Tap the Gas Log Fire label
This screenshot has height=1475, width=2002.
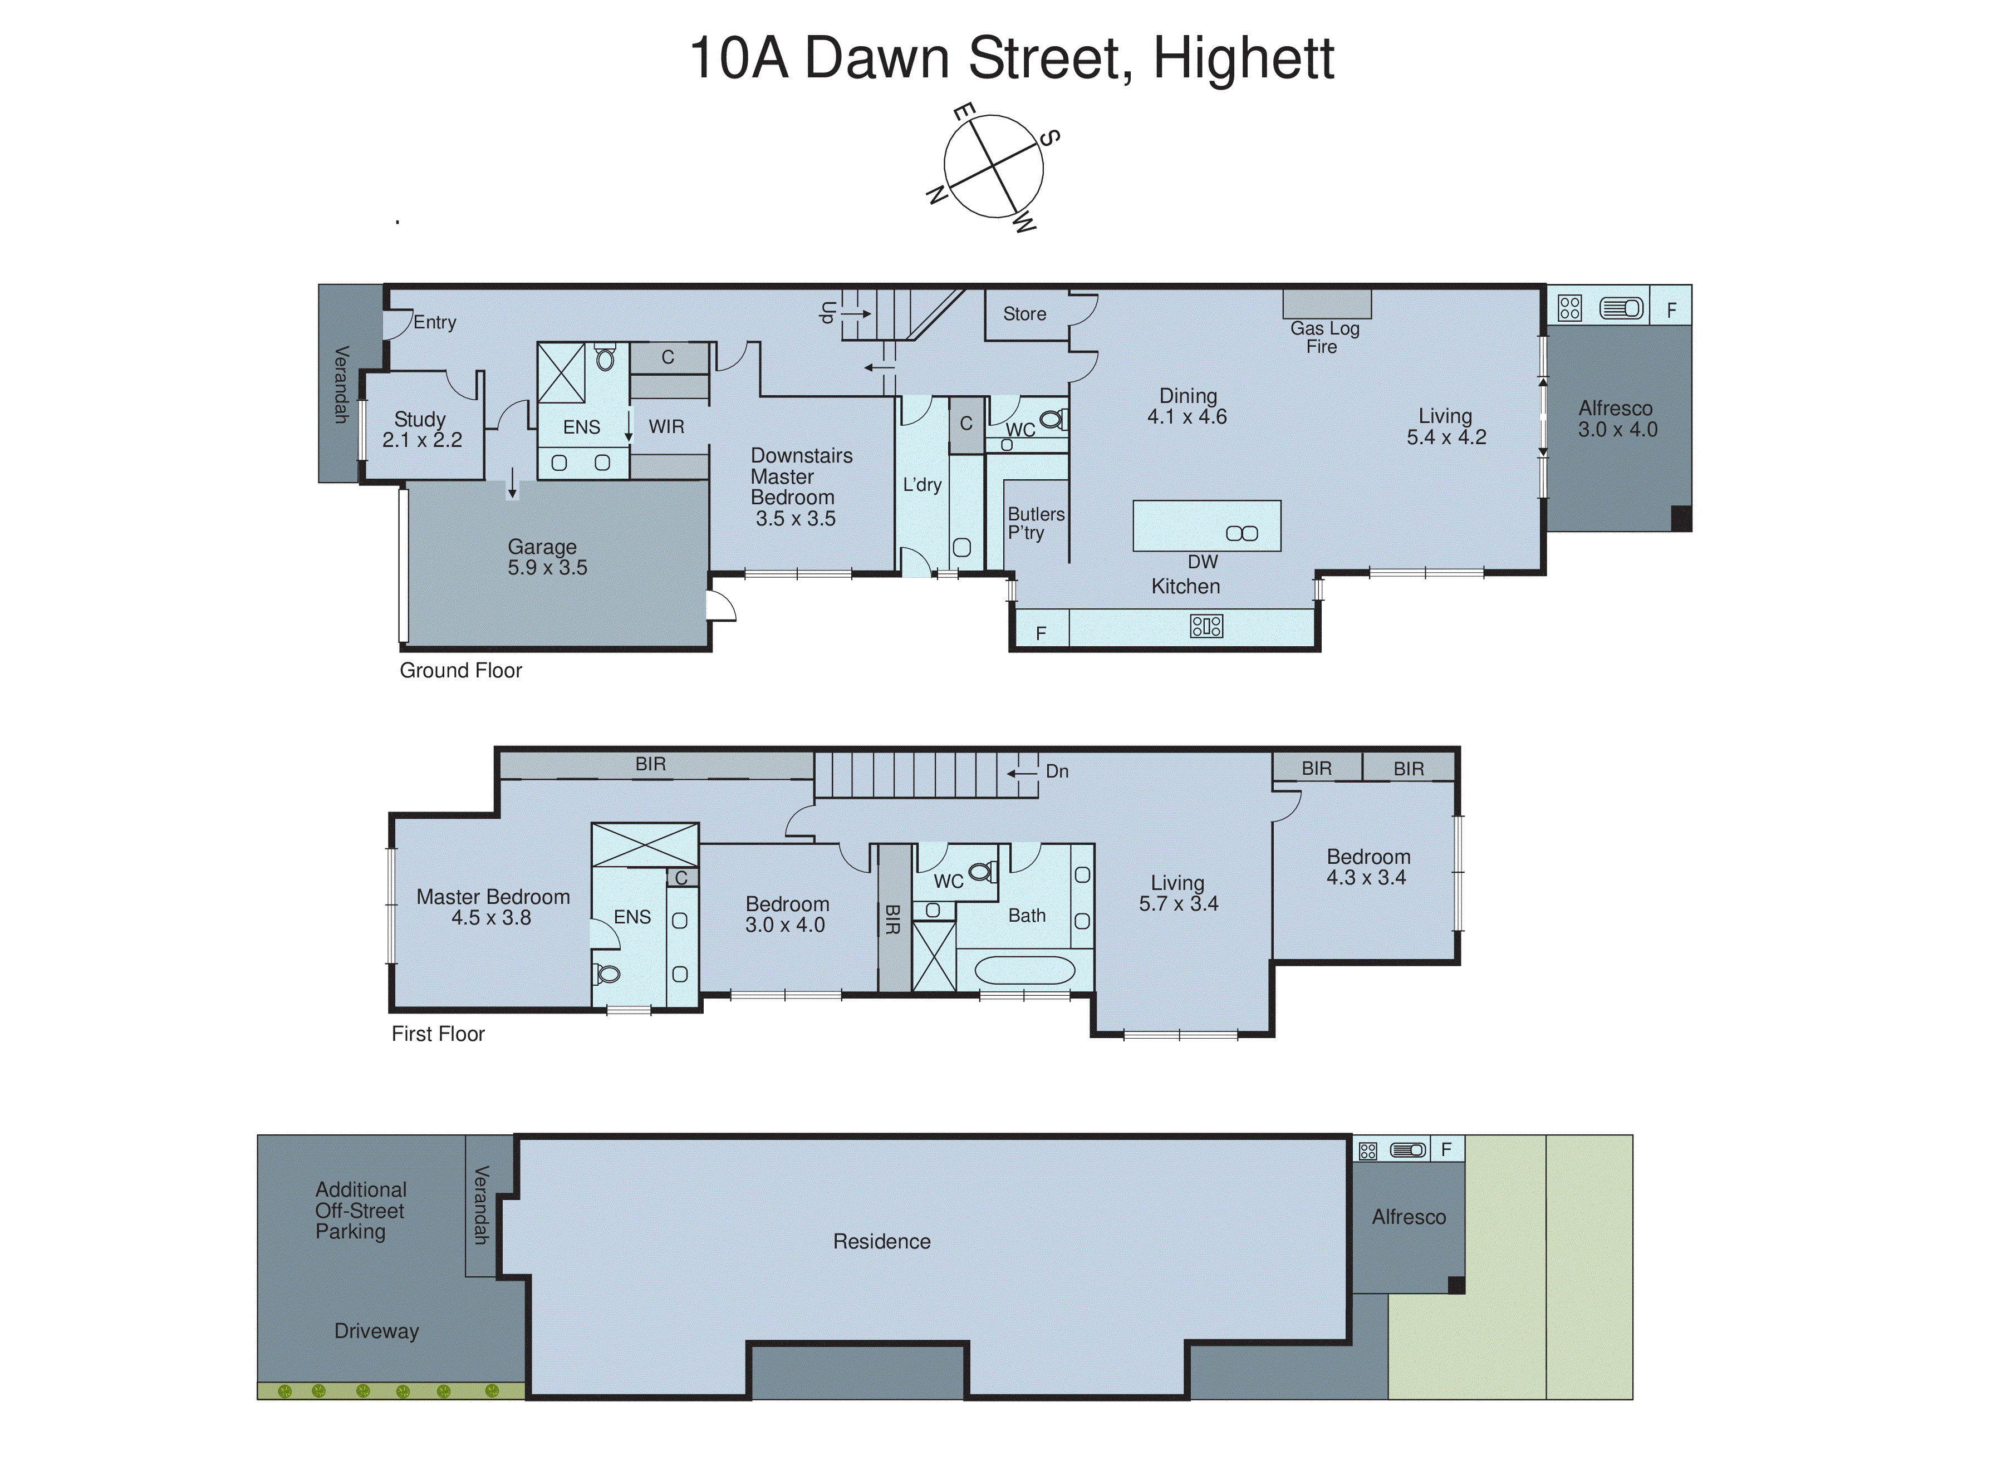tap(1323, 337)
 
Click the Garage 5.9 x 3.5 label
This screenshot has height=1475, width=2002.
tap(547, 557)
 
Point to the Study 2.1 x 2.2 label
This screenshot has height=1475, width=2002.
tap(421, 430)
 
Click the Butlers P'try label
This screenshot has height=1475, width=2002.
tap(1035, 523)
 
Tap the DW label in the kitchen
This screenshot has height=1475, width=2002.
tap(1202, 562)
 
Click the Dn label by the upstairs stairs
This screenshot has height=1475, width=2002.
tap(1056, 771)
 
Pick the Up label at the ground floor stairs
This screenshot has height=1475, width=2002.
tap(827, 312)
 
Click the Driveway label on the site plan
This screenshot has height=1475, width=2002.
tap(376, 1331)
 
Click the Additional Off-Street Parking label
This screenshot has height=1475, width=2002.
tap(360, 1211)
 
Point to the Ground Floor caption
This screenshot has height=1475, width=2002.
tap(460, 671)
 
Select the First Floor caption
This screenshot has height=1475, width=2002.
tap(438, 1034)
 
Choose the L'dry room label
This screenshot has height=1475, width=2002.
tap(921, 485)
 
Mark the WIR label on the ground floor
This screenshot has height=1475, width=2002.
tap(666, 427)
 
